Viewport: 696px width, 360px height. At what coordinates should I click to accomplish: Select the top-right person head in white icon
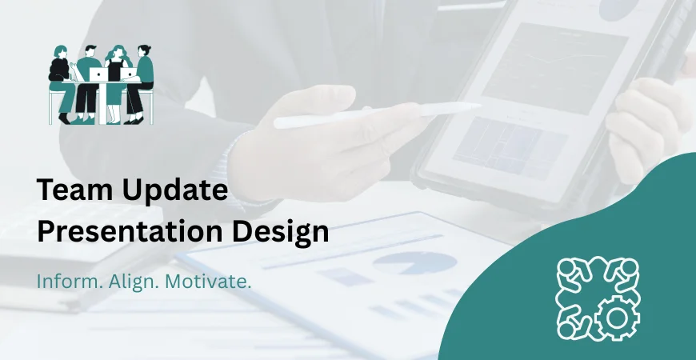[x=629, y=268]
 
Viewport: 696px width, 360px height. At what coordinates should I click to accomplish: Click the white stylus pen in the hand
[x=376, y=114]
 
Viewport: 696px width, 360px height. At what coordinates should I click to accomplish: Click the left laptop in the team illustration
[x=98, y=74]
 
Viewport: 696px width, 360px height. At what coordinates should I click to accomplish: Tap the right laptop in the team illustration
[x=129, y=75]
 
